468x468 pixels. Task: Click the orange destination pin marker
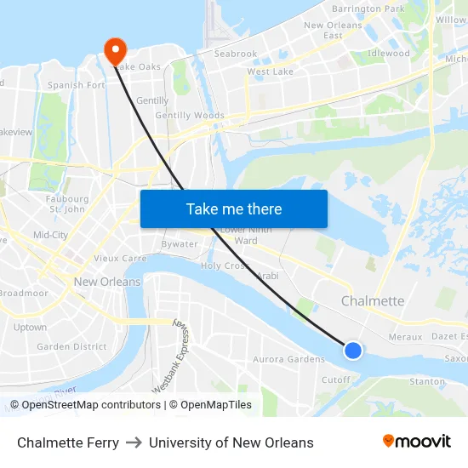[x=113, y=50]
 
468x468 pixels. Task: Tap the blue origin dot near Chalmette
[x=353, y=350]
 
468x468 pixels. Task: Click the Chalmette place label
[x=373, y=301]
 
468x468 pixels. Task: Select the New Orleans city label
[x=107, y=282]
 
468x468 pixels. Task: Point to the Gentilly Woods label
[x=190, y=116]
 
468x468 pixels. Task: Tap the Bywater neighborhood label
[x=180, y=244]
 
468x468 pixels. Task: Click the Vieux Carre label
[x=120, y=258]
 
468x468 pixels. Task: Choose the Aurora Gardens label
[x=288, y=359]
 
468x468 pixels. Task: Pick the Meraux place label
[x=405, y=337]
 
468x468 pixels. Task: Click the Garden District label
[x=71, y=347]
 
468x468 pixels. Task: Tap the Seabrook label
[x=235, y=54]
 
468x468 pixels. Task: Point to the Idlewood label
[x=388, y=54]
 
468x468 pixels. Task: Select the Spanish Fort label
[x=77, y=85]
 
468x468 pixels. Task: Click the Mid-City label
[x=50, y=235]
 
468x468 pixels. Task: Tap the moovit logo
[x=417, y=441]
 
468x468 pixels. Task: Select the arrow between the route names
[x=134, y=442]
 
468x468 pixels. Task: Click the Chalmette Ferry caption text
[x=68, y=442]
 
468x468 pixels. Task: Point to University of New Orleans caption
[x=231, y=442]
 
